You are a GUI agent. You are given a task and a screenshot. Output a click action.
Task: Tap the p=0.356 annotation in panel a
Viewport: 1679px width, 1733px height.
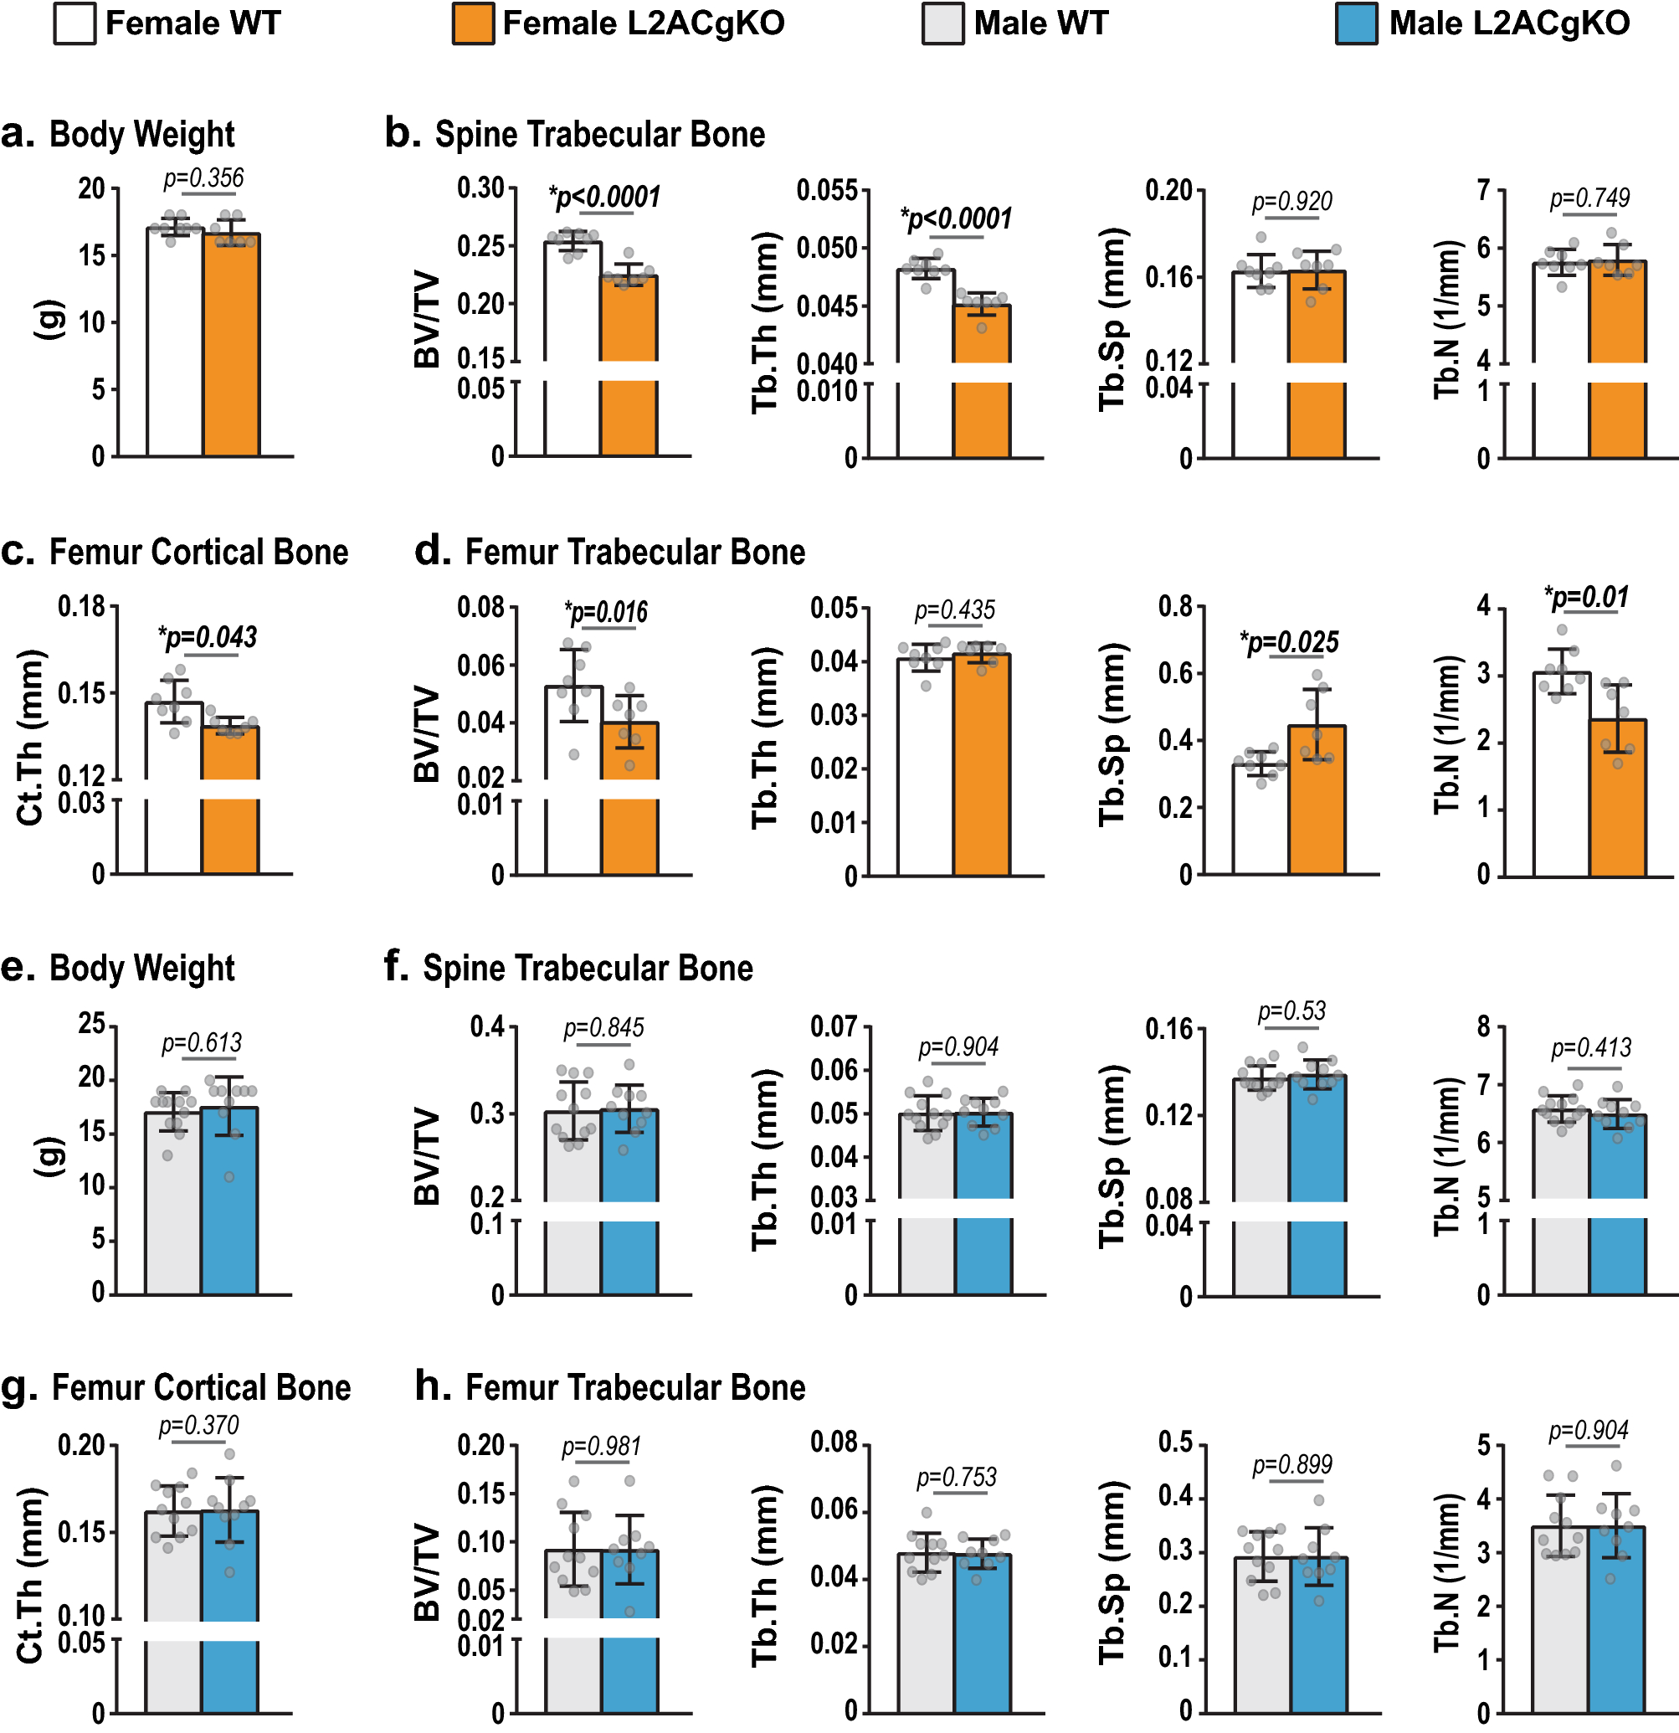[203, 178]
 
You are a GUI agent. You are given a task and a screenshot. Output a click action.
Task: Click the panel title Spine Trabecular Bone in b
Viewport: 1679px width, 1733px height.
[598, 135]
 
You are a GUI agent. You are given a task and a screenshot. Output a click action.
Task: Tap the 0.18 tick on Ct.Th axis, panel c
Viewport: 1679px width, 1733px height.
[81, 606]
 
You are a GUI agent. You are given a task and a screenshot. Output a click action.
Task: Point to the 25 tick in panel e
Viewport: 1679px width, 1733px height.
[91, 1024]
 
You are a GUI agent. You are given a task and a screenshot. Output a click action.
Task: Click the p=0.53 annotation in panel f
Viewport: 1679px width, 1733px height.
[1291, 1010]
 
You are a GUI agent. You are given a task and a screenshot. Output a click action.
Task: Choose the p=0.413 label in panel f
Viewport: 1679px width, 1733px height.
[1590, 1048]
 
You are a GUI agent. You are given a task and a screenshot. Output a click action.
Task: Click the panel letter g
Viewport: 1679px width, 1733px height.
[18, 1388]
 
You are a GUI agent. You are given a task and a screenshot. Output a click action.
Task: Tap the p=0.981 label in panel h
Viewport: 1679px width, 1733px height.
[601, 1447]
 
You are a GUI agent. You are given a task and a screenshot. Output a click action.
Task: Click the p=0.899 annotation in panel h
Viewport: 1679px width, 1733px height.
[1291, 1465]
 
